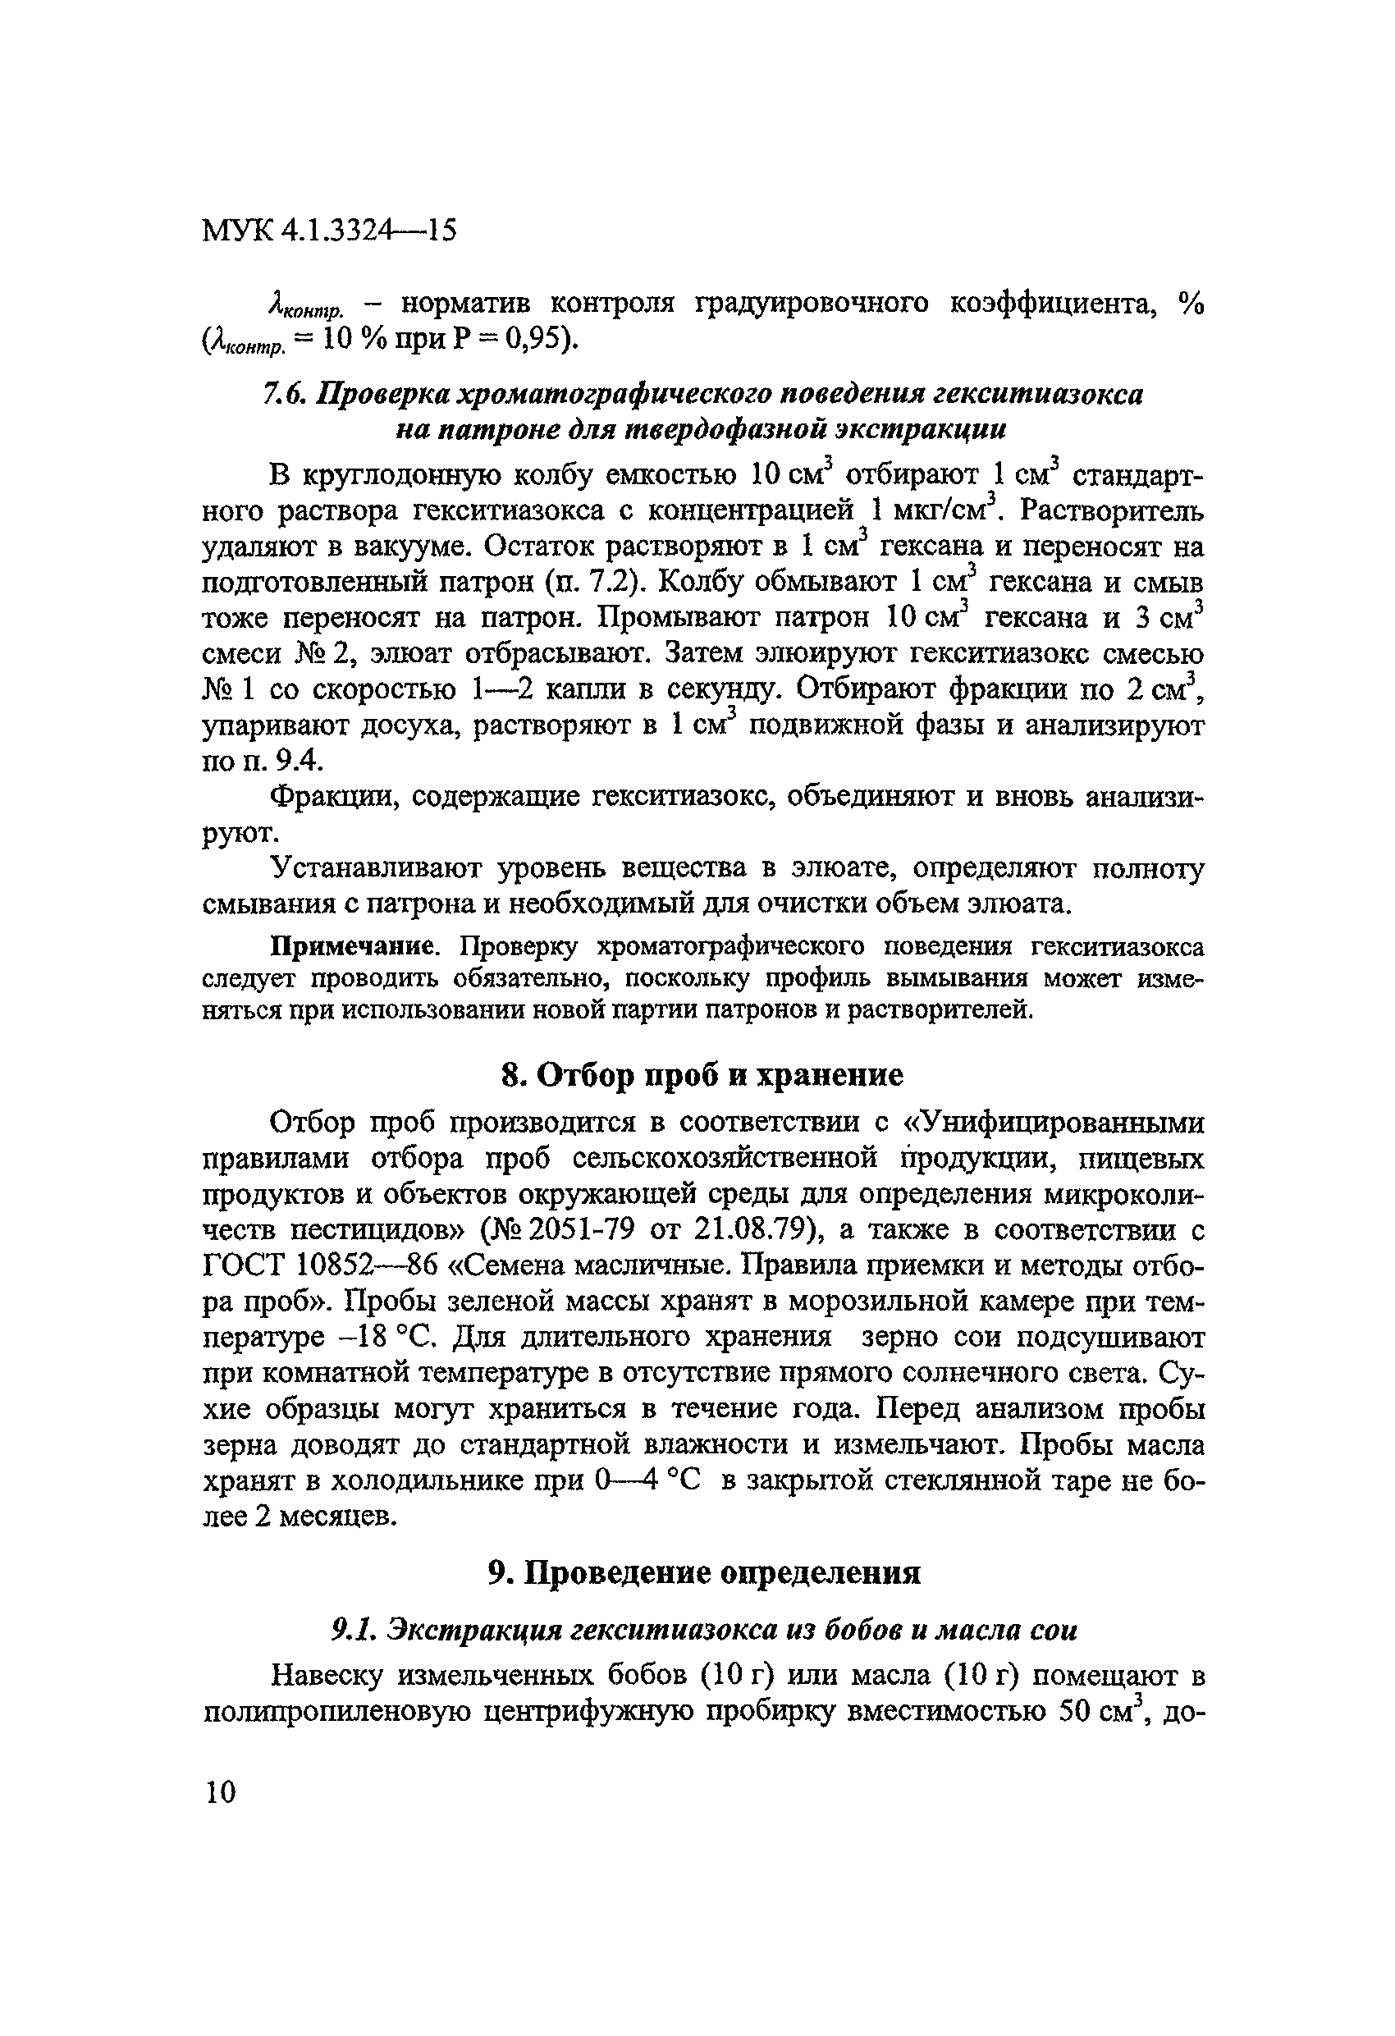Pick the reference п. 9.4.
click(262, 762)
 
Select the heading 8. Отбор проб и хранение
click(702, 1074)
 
